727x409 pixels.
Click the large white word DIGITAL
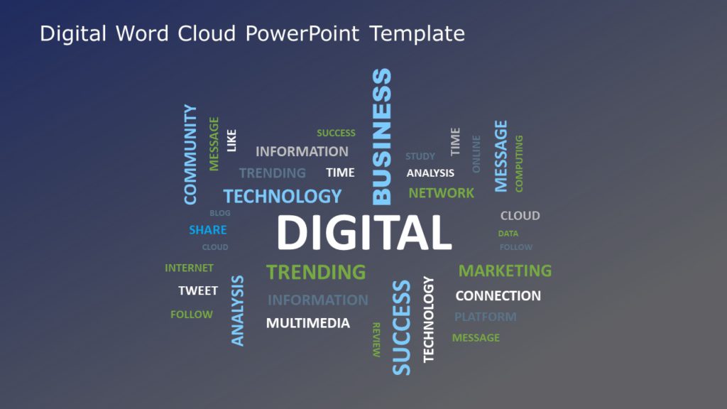tap(363, 232)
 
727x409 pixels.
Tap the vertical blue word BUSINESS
tap(382, 136)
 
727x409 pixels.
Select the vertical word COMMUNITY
tap(190, 155)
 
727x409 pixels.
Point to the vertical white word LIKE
tap(231, 140)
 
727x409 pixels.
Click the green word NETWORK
tap(441, 192)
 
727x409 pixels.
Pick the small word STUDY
tap(420, 156)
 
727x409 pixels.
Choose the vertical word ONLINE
tap(476, 154)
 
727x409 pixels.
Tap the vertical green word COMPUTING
tap(519, 163)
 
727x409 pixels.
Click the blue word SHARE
tap(207, 230)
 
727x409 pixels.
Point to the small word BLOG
tap(219, 213)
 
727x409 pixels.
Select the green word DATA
tap(508, 234)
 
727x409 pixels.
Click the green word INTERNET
tap(189, 268)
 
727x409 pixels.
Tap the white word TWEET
tap(198, 291)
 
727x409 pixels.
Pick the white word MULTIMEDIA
tap(307, 324)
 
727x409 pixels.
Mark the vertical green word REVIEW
tap(376, 339)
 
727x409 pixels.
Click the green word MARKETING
tap(505, 271)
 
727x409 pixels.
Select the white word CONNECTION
tap(498, 295)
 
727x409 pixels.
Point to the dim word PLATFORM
tap(485, 317)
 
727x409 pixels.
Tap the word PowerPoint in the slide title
tap(303, 33)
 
